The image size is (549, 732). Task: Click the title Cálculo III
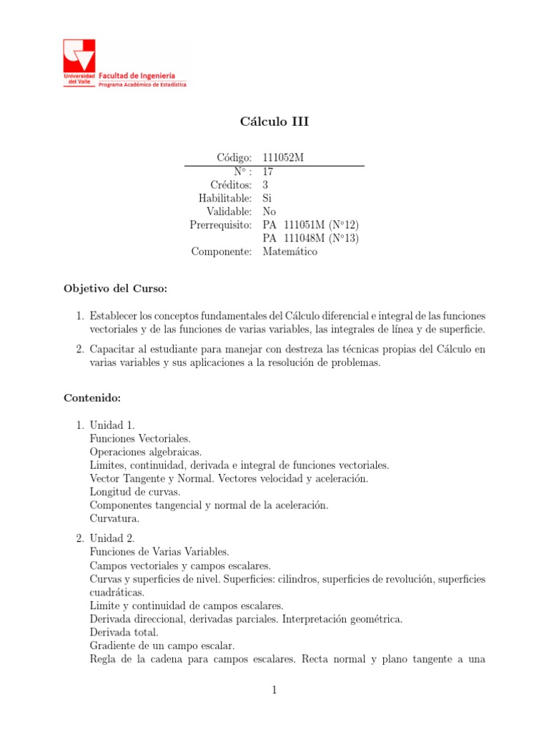[x=274, y=122]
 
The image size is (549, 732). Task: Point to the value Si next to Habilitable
[x=267, y=197]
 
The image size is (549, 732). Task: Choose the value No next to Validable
[x=269, y=211]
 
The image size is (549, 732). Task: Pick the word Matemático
[x=290, y=252]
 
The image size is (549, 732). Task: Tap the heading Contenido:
[x=92, y=397]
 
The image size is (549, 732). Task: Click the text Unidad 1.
[x=112, y=425]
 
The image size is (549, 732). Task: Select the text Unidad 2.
[x=112, y=538]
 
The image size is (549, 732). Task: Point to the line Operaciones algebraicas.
[x=146, y=452]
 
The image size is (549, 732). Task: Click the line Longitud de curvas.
[x=135, y=492]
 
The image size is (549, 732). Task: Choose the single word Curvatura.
[x=115, y=519]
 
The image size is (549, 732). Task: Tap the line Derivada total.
[x=124, y=633]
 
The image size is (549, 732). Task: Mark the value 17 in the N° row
[x=268, y=172]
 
